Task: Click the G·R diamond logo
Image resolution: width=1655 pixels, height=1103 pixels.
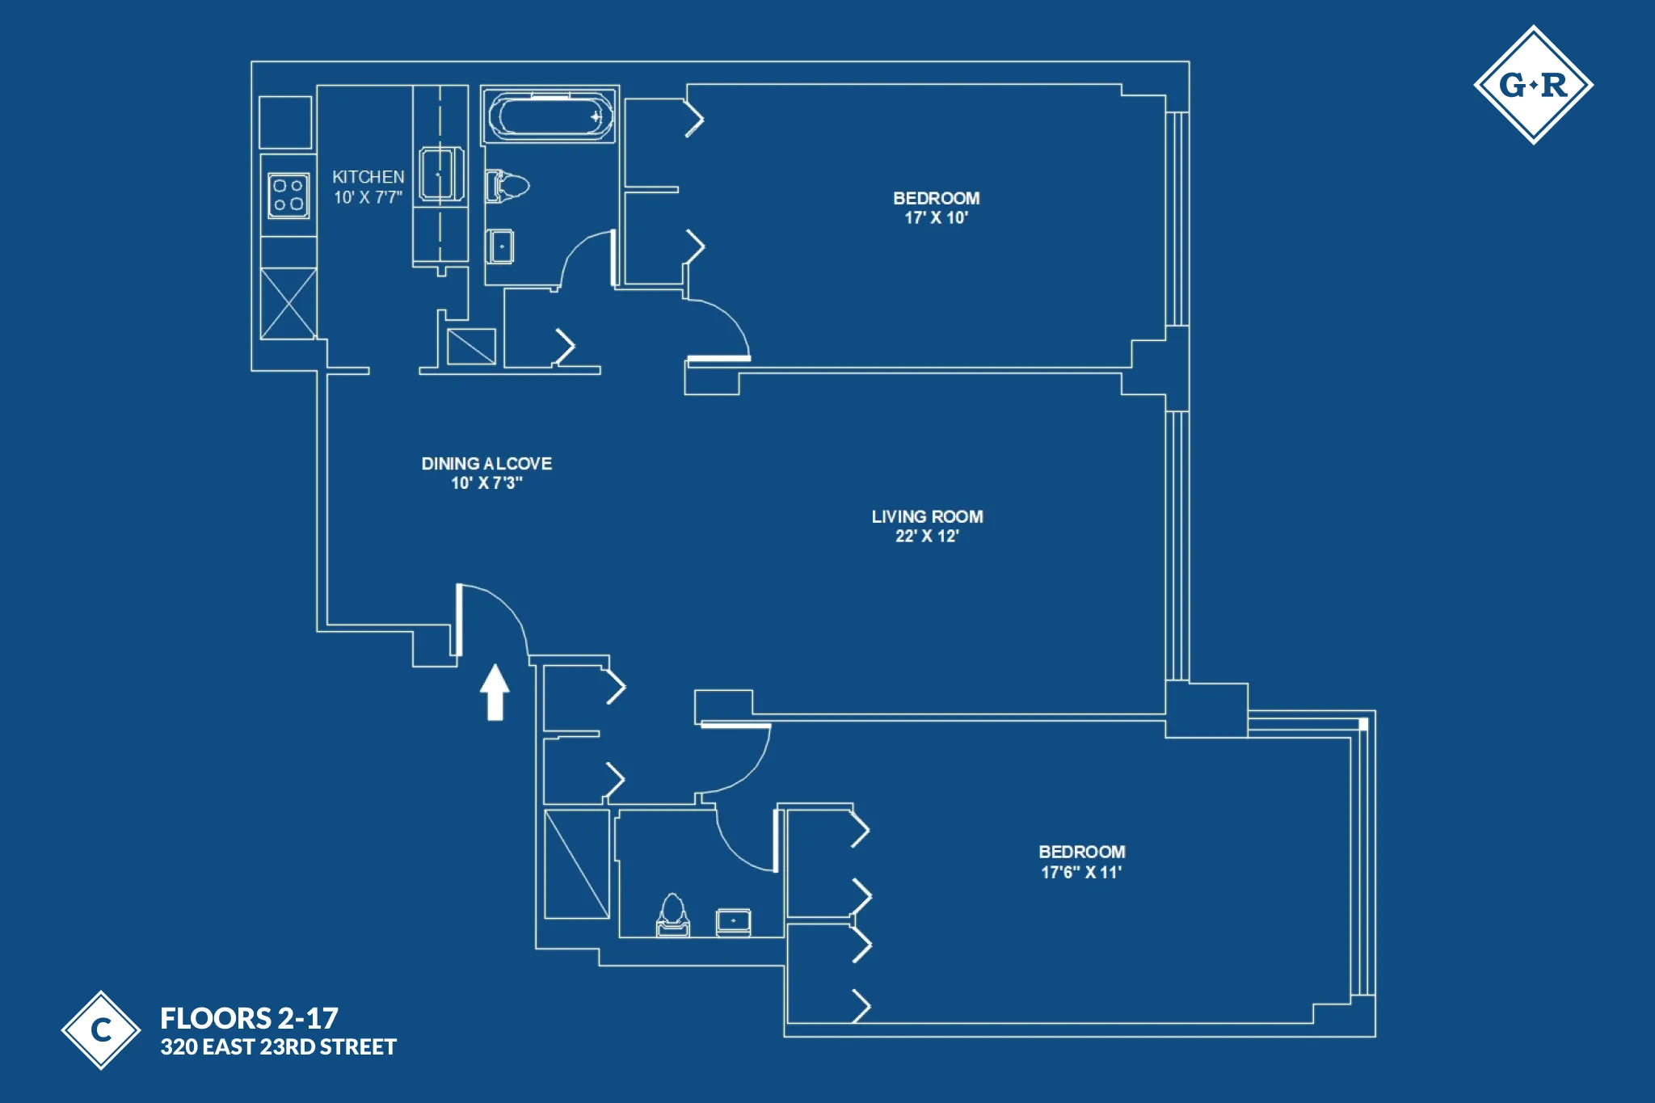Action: point(1533,85)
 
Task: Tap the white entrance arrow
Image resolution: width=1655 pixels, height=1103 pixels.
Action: point(495,692)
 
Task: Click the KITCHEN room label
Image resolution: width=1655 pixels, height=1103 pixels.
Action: point(368,177)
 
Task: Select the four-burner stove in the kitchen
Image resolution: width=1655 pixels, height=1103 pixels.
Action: point(288,195)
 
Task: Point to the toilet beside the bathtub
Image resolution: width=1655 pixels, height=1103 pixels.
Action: point(507,186)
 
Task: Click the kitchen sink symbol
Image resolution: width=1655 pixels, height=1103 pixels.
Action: point(441,173)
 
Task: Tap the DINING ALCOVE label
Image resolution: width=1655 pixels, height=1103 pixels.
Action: point(486,464)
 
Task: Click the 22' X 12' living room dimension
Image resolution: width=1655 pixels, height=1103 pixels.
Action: point(926,537)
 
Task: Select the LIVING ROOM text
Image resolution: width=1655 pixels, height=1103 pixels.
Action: point(927,516)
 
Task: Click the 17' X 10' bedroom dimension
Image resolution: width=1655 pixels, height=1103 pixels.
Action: point(936,218)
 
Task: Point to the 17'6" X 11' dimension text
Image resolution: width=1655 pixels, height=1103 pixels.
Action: point(1080,873)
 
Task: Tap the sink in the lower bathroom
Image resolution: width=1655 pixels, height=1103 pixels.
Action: point(733,921)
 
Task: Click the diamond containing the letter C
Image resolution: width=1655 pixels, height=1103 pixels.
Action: point(101,1029)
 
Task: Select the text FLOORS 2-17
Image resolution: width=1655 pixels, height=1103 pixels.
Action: point(249,1017)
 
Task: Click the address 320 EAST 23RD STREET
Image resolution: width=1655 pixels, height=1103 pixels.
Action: point(278,1047)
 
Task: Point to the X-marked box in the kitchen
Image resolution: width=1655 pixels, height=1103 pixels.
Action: point(288,303)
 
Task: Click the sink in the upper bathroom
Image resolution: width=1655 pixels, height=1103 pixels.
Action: point(501,246)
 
